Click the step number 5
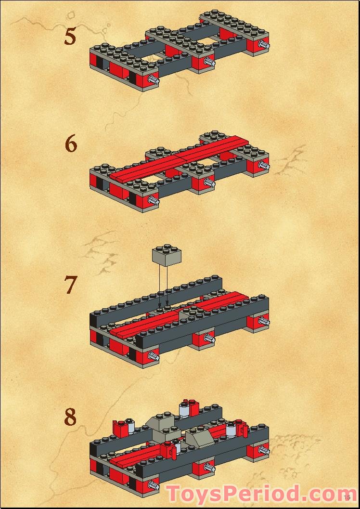(x=70, y=37)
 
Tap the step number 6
(x=71, y=144)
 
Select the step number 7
(x=70, y=285)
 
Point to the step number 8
(x=70, y=417)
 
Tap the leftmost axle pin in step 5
(x=154, y=80)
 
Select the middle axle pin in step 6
(x=208, y=183)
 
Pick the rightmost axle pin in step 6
(x=263, y=165)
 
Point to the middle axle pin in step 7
(x=208, y=339)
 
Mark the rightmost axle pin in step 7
(x=263, y=321)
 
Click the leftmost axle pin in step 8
(x=154, y=485)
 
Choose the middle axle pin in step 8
(x=208, y=467)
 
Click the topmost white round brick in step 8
(x=184, y=409)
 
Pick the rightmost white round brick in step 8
(x=231, y=428)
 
